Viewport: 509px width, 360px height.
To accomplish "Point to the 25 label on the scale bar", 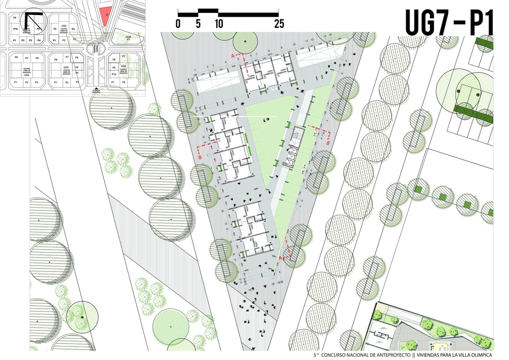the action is [279, 23].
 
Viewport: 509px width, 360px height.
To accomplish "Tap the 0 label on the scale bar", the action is [178, 23].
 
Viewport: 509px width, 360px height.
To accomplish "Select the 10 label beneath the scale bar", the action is [219, 23].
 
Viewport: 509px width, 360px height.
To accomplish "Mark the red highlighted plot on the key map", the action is [105, 15].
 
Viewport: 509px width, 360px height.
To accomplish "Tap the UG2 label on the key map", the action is [64, 25].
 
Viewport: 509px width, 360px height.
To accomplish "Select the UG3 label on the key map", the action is [66, 67].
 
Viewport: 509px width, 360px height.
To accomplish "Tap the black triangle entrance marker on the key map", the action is [96, 89].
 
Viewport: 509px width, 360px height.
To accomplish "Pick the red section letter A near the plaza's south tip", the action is [281, 258].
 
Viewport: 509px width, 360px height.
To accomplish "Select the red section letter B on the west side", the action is [200, 156].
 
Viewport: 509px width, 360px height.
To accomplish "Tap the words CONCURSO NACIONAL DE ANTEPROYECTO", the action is [366, 356].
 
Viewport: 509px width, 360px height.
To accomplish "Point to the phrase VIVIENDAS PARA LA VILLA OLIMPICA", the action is [454, 356].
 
